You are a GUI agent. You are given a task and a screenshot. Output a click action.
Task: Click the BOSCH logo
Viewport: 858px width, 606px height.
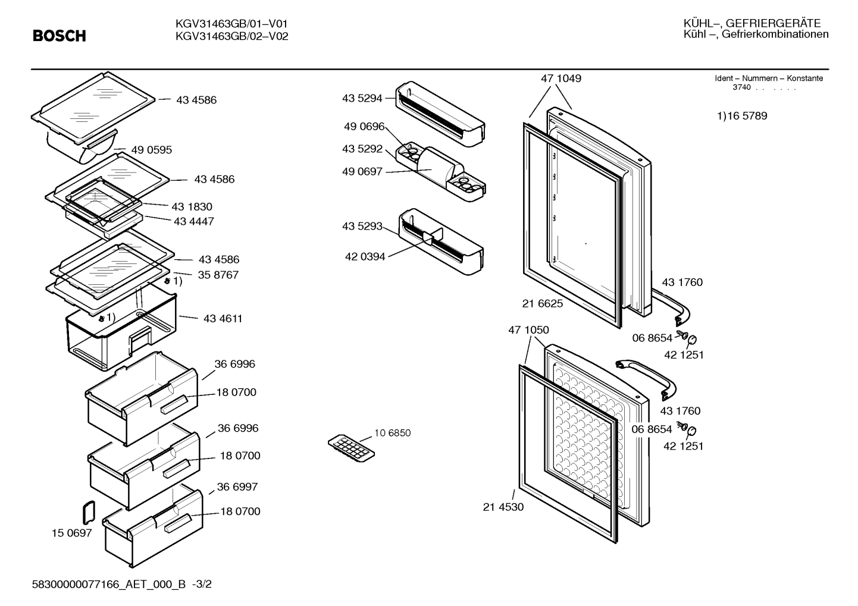(60, 36)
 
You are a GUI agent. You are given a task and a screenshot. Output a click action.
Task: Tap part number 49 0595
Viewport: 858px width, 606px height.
(152, 150)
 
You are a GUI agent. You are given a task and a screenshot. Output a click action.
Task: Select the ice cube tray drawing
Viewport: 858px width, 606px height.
(351, 448)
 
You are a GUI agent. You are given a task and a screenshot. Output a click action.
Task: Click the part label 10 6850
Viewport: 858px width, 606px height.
(392, 433)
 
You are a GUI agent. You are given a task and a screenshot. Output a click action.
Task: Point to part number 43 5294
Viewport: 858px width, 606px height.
(362, 98)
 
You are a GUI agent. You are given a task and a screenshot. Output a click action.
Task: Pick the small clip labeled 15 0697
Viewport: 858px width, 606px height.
(89, 512)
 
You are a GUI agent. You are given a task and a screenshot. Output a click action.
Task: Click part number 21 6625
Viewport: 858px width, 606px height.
(543, 303)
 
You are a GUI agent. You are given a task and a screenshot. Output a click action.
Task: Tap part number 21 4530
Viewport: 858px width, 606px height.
(503, 507)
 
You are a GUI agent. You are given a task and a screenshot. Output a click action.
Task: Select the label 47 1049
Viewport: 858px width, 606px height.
(560, 78)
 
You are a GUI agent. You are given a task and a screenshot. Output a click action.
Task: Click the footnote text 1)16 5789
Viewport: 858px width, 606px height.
(742, 115)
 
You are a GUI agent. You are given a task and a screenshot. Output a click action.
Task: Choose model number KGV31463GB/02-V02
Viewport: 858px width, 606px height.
(231, 36)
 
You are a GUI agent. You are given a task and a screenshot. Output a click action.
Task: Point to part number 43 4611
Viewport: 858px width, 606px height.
(223, 319)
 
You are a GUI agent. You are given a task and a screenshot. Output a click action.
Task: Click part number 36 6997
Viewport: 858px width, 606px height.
(237, 486)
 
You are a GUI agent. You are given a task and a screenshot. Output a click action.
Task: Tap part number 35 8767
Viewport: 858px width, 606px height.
(218, 275)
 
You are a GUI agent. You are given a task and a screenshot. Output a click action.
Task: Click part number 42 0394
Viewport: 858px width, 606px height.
(365, 256)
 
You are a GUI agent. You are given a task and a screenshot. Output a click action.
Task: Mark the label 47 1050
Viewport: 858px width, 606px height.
(528, 329)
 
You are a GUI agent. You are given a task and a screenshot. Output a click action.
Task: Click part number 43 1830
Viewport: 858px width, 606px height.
(192, 207)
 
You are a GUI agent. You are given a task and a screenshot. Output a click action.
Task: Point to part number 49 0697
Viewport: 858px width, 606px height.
(362, 171)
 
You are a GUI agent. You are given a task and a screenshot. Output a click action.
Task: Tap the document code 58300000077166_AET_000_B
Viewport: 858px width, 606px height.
(109, 584)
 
